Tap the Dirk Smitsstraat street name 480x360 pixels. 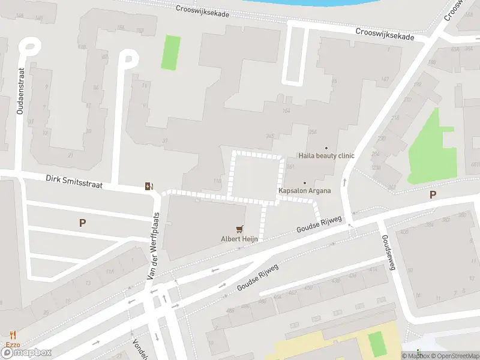click(x=74, y=182)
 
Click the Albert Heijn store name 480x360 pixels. click(x=240, y=239)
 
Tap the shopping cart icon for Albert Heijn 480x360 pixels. click(x=240, y=229)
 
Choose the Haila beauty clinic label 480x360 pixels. click(x=326, y=156)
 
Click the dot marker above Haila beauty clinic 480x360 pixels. click(x=326, y=148)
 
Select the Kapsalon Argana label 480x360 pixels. click(x=305, y=191)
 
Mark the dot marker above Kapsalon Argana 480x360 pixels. click(x=305, y=182)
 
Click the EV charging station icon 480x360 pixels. click(x=149, y=186)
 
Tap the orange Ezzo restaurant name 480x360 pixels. click(x=13, y=344)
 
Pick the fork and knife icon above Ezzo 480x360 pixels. click(x=13, y=335)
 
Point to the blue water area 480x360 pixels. click(x=336, y=3)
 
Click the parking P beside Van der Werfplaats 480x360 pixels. click(x=83, y=223)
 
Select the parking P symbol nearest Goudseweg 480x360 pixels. click(x=433, y=194)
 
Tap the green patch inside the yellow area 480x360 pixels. click(x=376, y=343)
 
